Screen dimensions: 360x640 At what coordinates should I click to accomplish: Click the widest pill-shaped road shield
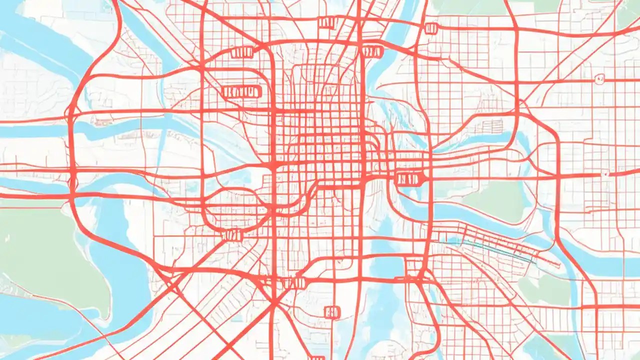pyautogui.click(x=240, y=91)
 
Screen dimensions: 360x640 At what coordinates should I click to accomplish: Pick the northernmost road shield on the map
pyautogui.click(x=327, y=22)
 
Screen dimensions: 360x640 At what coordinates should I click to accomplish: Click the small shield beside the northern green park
pyautogui.click(x=430, y=28)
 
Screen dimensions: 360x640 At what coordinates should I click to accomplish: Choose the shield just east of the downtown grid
pyautogui.click(x=409, y=178)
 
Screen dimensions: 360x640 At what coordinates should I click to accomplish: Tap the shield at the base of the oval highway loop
pyautogui.click(x=232, y=235)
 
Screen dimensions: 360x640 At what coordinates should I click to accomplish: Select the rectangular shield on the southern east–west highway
pyautogui.click(x=293, y=283)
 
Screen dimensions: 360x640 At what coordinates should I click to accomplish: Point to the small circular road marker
pyautogui.click(x=599, y=78)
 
